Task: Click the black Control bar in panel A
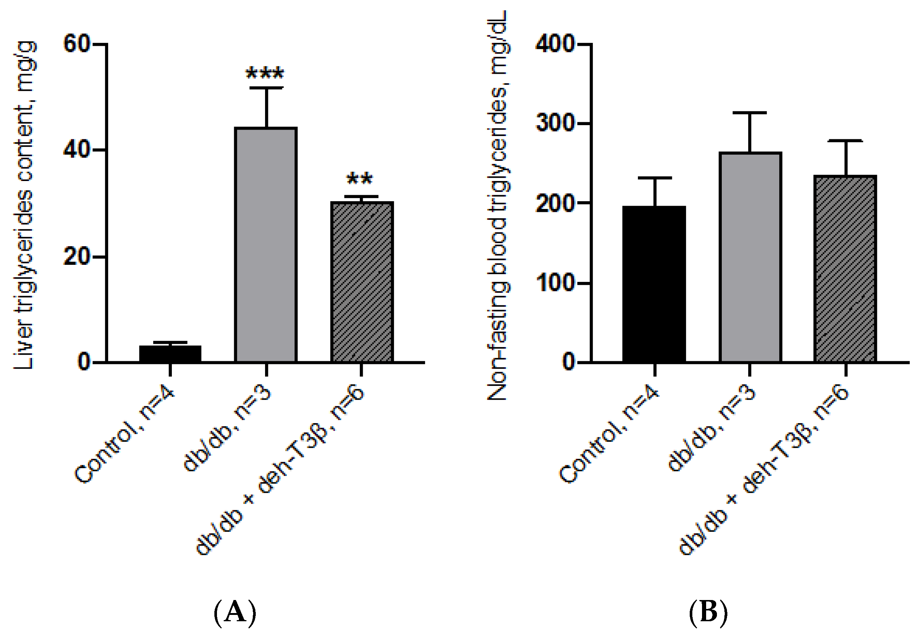(x=170, y=354)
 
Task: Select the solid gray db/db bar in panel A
(x=266, y=245)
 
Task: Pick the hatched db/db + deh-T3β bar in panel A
(x=362, y=282)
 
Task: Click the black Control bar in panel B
(x=654, y=284)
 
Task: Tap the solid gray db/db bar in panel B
(x=750, y=257)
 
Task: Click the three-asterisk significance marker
(x=265, y=73)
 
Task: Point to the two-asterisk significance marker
(x=360, y=178)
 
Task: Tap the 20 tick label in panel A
(x=77, y=256)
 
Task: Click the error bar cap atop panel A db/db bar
(x=266, y=88)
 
